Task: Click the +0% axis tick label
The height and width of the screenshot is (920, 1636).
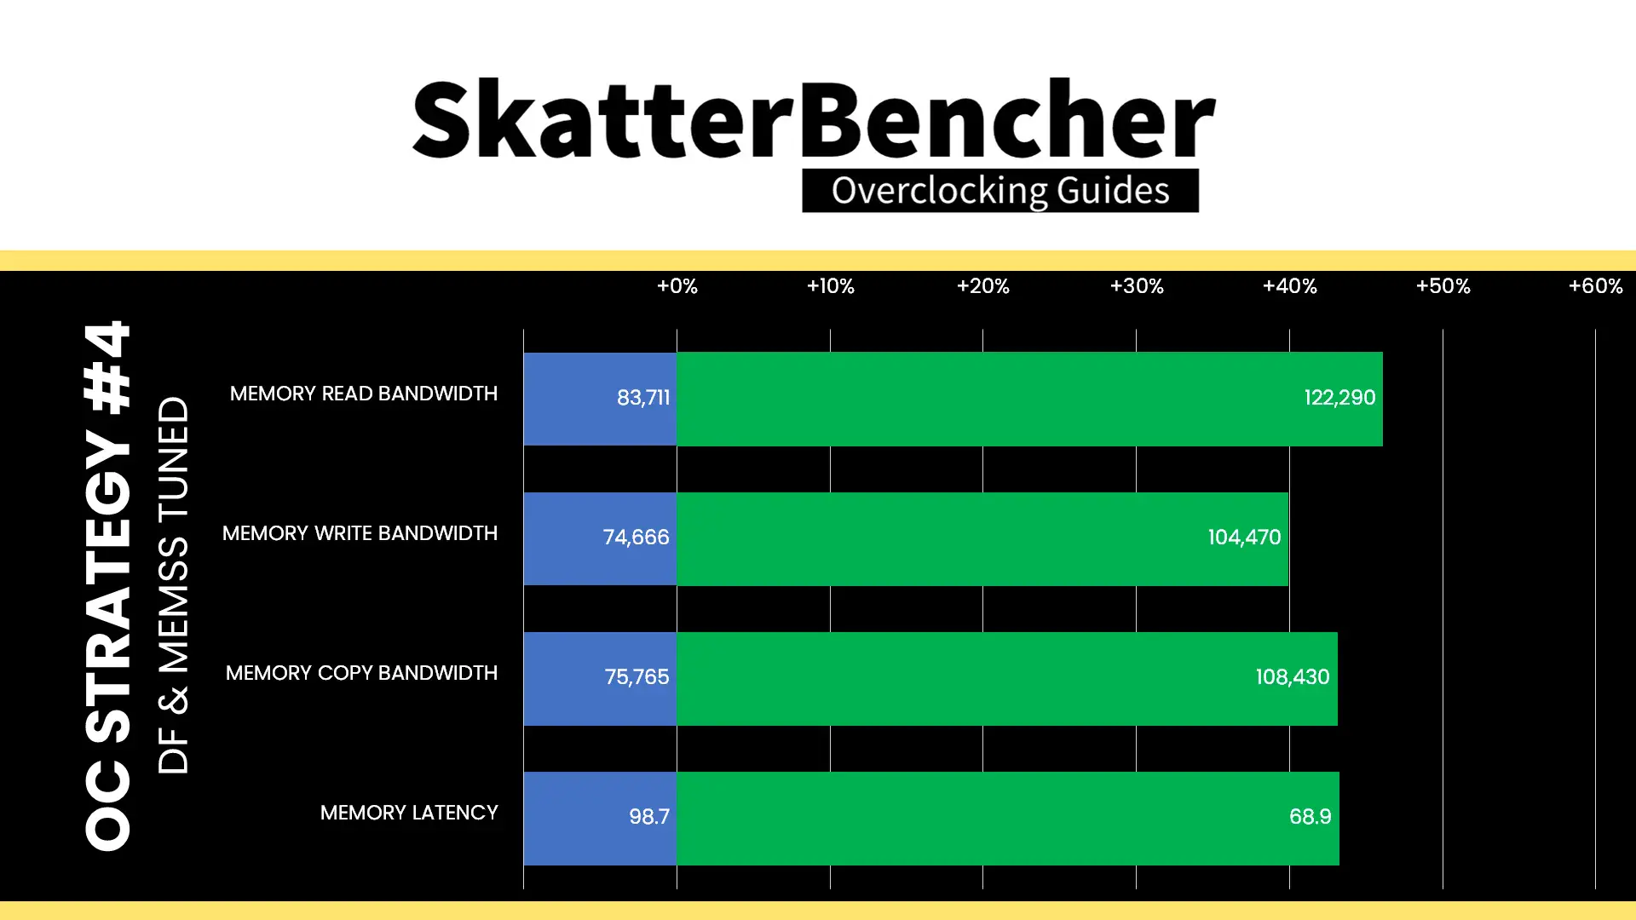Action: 677,286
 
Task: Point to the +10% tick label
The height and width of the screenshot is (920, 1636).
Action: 831,286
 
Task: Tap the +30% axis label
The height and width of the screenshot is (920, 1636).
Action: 1137,286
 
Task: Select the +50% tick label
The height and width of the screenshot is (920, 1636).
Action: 1443,286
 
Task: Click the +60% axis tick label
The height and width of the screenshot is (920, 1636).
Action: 1596,286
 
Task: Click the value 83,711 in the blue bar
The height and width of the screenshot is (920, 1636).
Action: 643,398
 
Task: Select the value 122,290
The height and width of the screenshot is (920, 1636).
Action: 1339,398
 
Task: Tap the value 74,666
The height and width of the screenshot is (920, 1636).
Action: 636,538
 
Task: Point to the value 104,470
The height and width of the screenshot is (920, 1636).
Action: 1244,538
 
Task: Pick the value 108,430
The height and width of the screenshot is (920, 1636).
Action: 1292,677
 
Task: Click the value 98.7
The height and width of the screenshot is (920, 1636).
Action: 649,817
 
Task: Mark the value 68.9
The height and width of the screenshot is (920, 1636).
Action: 1310,817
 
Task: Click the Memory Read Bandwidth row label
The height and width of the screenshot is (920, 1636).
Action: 364,394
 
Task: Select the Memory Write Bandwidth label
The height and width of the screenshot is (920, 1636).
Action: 360,533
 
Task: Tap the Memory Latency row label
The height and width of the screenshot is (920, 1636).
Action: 409,813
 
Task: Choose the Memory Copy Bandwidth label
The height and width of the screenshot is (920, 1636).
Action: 361,673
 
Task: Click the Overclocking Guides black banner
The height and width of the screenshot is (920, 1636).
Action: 1000,191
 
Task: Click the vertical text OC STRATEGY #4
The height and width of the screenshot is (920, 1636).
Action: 108,585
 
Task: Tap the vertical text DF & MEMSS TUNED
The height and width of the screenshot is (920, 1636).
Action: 173,585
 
